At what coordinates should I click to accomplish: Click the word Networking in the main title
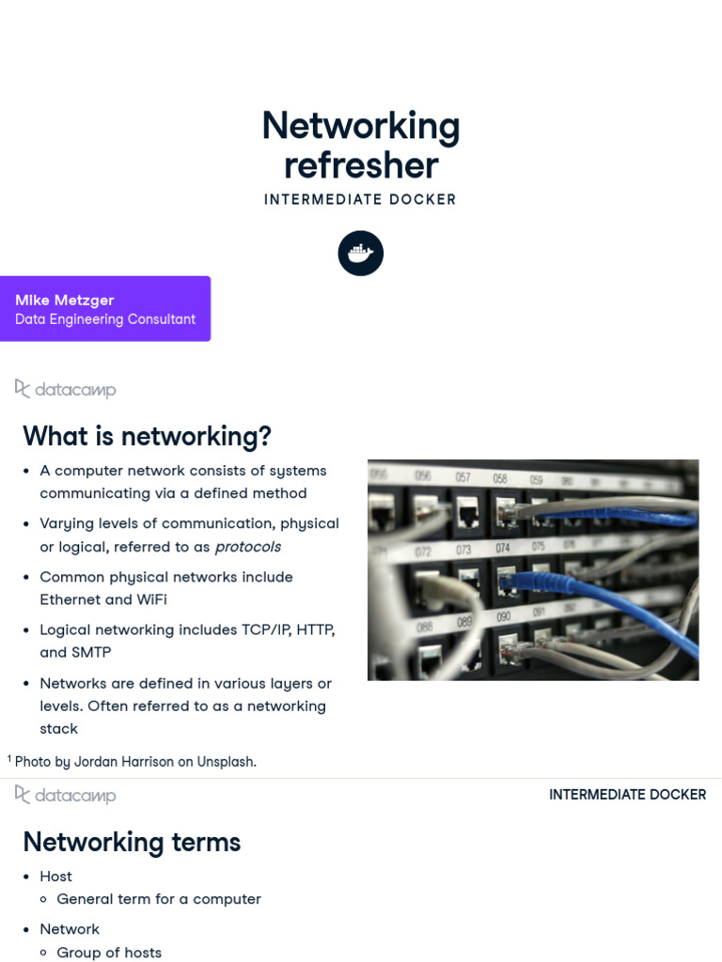tap(361, 126)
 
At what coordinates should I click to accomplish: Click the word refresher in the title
tap(361, 165)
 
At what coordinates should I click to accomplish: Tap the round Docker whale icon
tap(361, 254)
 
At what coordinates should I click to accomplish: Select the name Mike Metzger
tap(65, 300)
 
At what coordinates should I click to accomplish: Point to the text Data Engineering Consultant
tap(105, 319)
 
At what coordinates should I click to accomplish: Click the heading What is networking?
tap(147, 436)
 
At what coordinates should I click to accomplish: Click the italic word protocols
tap(248, 547)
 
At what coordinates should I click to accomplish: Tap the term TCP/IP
tap(261, 629)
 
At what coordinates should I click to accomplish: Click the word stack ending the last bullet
tap(58, 728)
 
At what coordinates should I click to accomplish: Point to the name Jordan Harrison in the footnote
tap(131, 762)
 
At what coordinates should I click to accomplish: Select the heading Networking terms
tap(132, 842)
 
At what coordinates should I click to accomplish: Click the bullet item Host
tap(55, 877)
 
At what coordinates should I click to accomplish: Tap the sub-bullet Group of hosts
tap(109, 952)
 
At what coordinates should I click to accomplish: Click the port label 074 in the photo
tap(503, 548)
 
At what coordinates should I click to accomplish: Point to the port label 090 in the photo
tap(503, 617)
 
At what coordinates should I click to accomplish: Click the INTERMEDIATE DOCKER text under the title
tap(360, 199)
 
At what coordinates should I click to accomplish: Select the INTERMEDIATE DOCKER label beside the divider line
tap(627, 795)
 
